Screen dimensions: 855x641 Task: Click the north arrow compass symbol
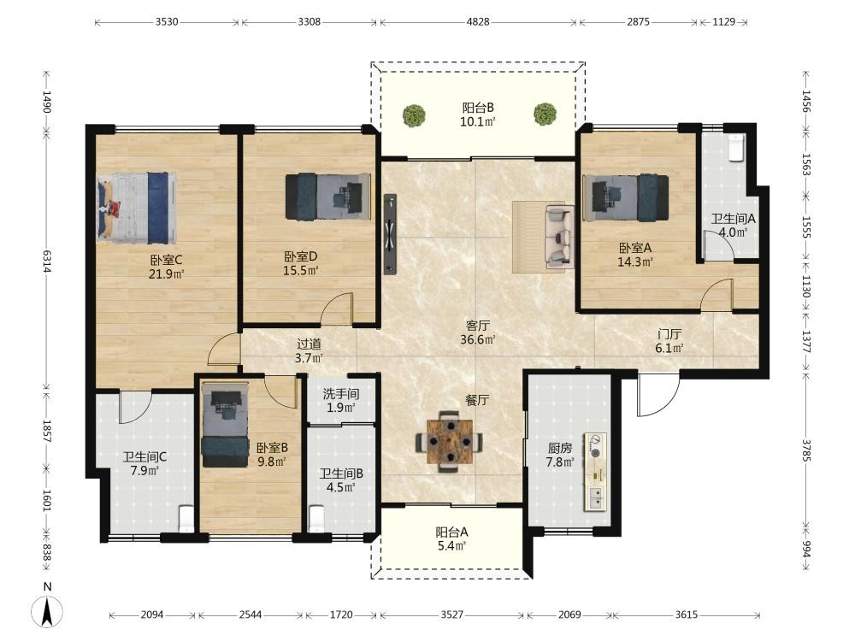(x=47, y=610)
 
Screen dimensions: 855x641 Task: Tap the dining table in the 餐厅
(x=450, y=440)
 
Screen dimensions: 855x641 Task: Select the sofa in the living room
(x=559, y=237)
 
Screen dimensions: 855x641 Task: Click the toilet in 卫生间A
(x=735, y=148)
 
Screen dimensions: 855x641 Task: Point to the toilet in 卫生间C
(x=186, y=519)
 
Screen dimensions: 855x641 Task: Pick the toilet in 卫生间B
(x=317, y=519)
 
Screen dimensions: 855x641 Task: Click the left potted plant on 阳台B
(x=414, y=115)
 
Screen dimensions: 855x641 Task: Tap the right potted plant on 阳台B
(x=545, y=115)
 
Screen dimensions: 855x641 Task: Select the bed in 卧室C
(x=137, y=208)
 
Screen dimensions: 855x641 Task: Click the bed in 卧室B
(x=225, y=425)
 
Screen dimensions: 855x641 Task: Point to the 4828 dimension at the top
(x=478, y=22)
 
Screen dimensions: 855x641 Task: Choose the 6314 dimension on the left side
(x=47, y=261)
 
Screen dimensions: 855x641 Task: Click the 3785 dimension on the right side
(x=806, y=450)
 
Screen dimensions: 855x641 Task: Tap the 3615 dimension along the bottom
(x=686, y=615)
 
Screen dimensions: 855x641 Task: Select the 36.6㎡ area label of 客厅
(x=478, y=339)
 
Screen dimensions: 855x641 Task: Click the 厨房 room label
(x=560, y=448)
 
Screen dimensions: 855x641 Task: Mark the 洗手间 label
(x=341, y=393)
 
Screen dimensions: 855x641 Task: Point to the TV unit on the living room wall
(x=390, y=234)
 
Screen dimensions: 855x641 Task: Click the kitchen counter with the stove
(x=595, y=472)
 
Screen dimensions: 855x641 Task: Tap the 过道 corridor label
(x=309, y=344)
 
